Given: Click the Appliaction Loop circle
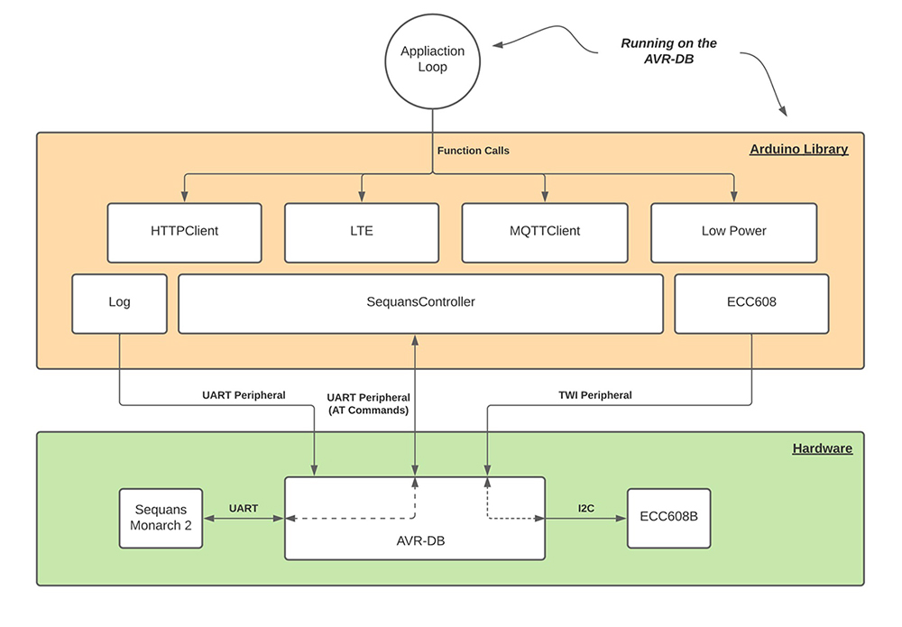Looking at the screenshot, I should [433, 60].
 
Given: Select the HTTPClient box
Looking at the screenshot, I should [184, 231].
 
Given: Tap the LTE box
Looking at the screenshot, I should [362, 231].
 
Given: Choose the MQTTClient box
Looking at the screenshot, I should [544, 231].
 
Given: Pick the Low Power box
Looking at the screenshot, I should [733, 231].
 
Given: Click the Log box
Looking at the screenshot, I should [119, 302].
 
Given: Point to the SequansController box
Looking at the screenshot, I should [420, 302].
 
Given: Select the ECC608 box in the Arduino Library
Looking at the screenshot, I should [750, 302].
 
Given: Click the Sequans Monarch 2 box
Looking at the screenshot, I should [161, 519].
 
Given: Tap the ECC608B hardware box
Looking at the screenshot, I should [668, 519].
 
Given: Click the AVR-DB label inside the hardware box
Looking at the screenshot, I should [415, 541].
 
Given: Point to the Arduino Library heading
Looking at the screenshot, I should [798, 149].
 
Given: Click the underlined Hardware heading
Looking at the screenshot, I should [822, 447].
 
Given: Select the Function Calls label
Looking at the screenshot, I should [473, 151].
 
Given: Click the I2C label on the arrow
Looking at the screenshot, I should [585, 508].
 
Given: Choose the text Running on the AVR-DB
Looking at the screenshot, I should [668, 51].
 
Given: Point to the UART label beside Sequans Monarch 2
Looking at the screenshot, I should [243, 508].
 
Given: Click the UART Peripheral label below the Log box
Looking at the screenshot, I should [244, 395].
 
